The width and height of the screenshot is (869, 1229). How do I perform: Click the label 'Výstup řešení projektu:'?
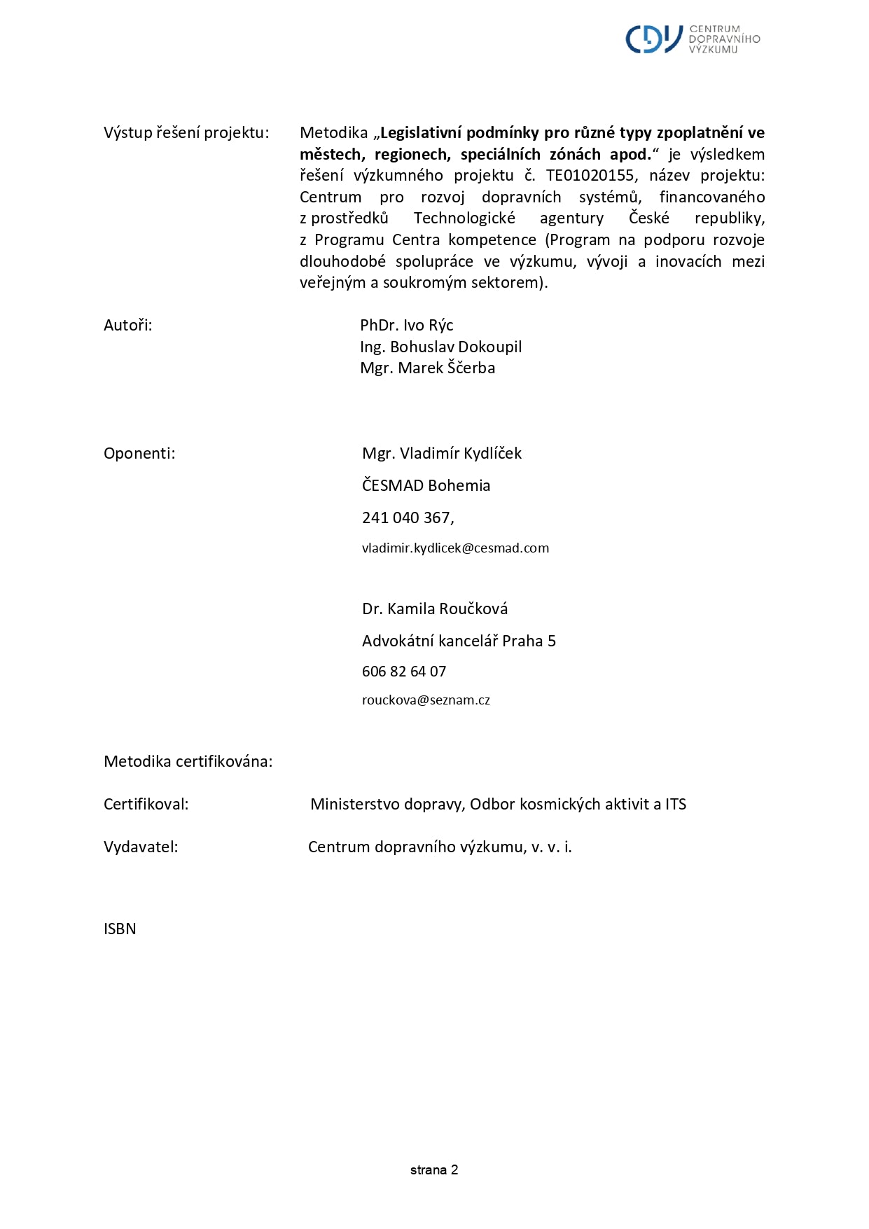click(x=186, y=133)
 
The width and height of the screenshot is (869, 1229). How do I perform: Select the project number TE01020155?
click(x=590, y=176)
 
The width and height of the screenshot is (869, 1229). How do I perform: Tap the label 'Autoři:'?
click(x=127, y=325)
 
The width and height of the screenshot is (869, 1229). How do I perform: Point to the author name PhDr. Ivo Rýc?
click(x=406, y=325)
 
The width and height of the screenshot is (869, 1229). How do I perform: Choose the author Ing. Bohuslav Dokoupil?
click(x=440, y=347)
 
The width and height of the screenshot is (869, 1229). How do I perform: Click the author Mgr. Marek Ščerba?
click(x=427, y=368)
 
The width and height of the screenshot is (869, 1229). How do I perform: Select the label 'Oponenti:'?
click(x=139, y=453)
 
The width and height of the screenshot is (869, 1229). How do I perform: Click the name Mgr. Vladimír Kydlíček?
click(x=441, y=453)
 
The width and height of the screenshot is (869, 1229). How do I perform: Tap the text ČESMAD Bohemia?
click(x=426, y=485)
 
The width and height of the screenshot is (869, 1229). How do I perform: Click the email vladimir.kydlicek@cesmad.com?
click(x=455, y=548)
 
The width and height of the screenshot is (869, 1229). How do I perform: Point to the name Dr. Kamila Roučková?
click(x=434, y=609)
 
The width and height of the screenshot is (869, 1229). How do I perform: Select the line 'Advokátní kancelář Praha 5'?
click(x=458, y=641)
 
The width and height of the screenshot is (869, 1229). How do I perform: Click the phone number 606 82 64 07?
click(x=403, y=671)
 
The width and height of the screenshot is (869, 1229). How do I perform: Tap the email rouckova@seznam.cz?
click(x=426, y=700)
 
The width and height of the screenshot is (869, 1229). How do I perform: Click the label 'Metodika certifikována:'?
click(x=188, y=761)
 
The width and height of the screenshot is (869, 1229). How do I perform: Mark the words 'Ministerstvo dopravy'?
click(x=387, y=804)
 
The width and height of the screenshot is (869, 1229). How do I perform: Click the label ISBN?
click(x=120, y=929)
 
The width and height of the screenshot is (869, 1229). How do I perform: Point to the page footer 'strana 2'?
click(x=434, y=1169)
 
